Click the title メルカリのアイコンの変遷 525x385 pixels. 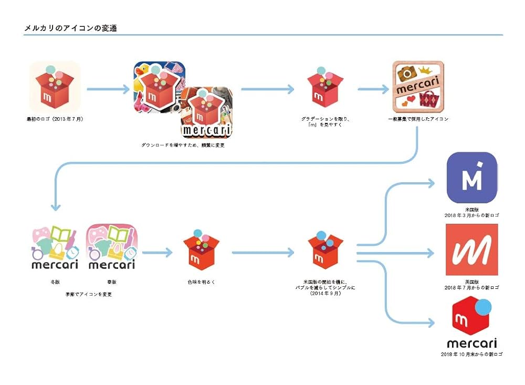70,28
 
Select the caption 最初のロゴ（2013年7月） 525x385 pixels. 55,119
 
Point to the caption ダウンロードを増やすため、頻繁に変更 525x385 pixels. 183,145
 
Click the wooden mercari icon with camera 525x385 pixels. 418,86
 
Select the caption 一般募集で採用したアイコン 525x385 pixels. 418,119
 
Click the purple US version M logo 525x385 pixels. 471,178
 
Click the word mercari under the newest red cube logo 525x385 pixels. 471,344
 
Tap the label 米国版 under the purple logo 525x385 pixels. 471,209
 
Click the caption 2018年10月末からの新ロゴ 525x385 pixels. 471,355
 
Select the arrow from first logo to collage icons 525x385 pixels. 108,89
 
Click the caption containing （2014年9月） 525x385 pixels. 325,294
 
